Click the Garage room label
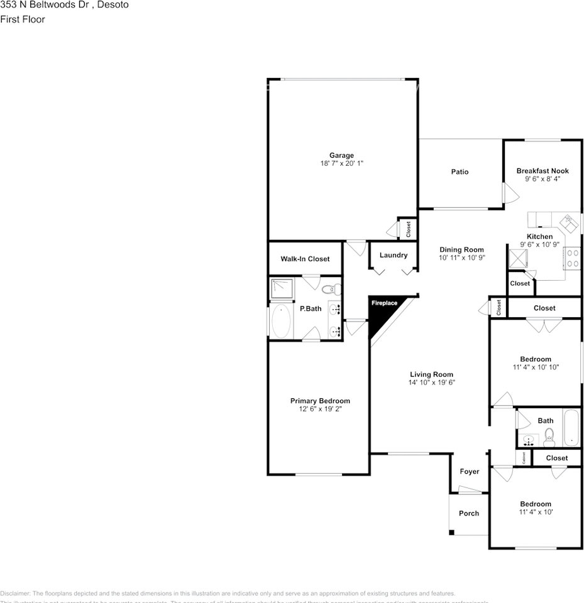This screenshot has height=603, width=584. pos(341,155)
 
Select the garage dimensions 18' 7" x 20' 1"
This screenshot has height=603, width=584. pos(341,163)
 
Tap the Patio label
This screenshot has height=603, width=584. pos(460,172)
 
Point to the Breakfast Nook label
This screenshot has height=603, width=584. pos(542,171)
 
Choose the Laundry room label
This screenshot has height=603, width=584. pos(394,255)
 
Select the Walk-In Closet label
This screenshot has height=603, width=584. pos(305,259)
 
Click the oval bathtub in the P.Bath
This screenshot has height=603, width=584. pos(281,321)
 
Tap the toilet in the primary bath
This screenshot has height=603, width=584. pos(331,289)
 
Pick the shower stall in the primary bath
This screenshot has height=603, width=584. pos(282,288)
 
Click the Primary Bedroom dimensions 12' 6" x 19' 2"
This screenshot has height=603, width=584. pos(320,409)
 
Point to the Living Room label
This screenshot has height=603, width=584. pos(431,374)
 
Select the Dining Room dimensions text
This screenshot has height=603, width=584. pos(461,258)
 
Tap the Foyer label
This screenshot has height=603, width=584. pos(470,472)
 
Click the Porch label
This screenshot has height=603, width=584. pos(468,513)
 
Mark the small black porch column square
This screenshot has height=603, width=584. pos(451,533)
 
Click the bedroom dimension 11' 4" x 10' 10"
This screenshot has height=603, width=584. pos(536,367)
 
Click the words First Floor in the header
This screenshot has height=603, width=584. pos(23,19)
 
